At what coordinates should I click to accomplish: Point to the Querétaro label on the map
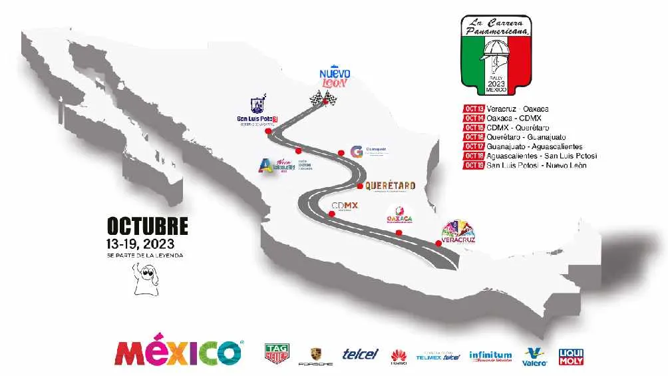pos(390,186)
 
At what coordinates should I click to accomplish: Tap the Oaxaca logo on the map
pos(400,216)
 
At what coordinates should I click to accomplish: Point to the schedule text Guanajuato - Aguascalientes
pos(535,146)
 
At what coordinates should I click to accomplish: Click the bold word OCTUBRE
pos(147,226)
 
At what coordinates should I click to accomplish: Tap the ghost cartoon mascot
pos(144,278)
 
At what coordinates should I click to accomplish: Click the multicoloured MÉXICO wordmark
pos(179,353)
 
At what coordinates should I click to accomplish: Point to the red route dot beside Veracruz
pos(438,243)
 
